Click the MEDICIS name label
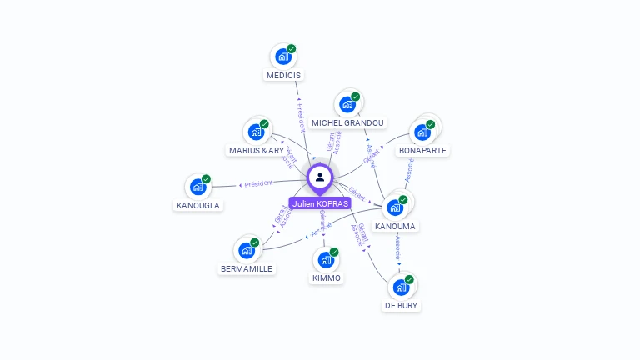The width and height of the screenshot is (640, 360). click(x=283, y=75)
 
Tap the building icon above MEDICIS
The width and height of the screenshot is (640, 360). click(x=283, y=57)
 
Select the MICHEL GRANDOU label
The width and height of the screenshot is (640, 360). click(x=347, y=123)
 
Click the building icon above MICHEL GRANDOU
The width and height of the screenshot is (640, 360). click(x=347, y=105)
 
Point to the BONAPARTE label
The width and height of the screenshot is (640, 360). click(x=422, y=151)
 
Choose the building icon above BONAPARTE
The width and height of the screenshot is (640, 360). click(x=422, y=132)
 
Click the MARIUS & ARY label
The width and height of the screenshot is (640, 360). click(x=256, y=151)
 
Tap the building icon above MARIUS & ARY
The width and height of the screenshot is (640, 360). click(x=256, y=132)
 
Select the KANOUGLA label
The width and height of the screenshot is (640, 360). click(x=198, y=205)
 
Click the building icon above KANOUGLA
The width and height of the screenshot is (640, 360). click(x=198, y=187)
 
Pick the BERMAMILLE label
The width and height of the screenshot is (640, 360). click(x=247, y=269)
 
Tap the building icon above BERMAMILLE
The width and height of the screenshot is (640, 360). click(x=247, y=250)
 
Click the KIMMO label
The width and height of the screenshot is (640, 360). click(x=327, y=277)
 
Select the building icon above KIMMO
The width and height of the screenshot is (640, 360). click(x=327, y=259)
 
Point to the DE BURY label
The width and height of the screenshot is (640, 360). click(x=402, y=306)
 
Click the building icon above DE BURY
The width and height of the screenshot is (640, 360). click(x=402, y=287)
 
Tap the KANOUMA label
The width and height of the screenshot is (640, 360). click(x=396, y=226)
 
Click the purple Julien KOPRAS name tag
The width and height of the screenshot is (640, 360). click(x=320, y=203)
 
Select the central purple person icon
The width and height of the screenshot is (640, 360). click(x=320, y=177)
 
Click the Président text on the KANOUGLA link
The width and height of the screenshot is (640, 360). click(x=258, y=183)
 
